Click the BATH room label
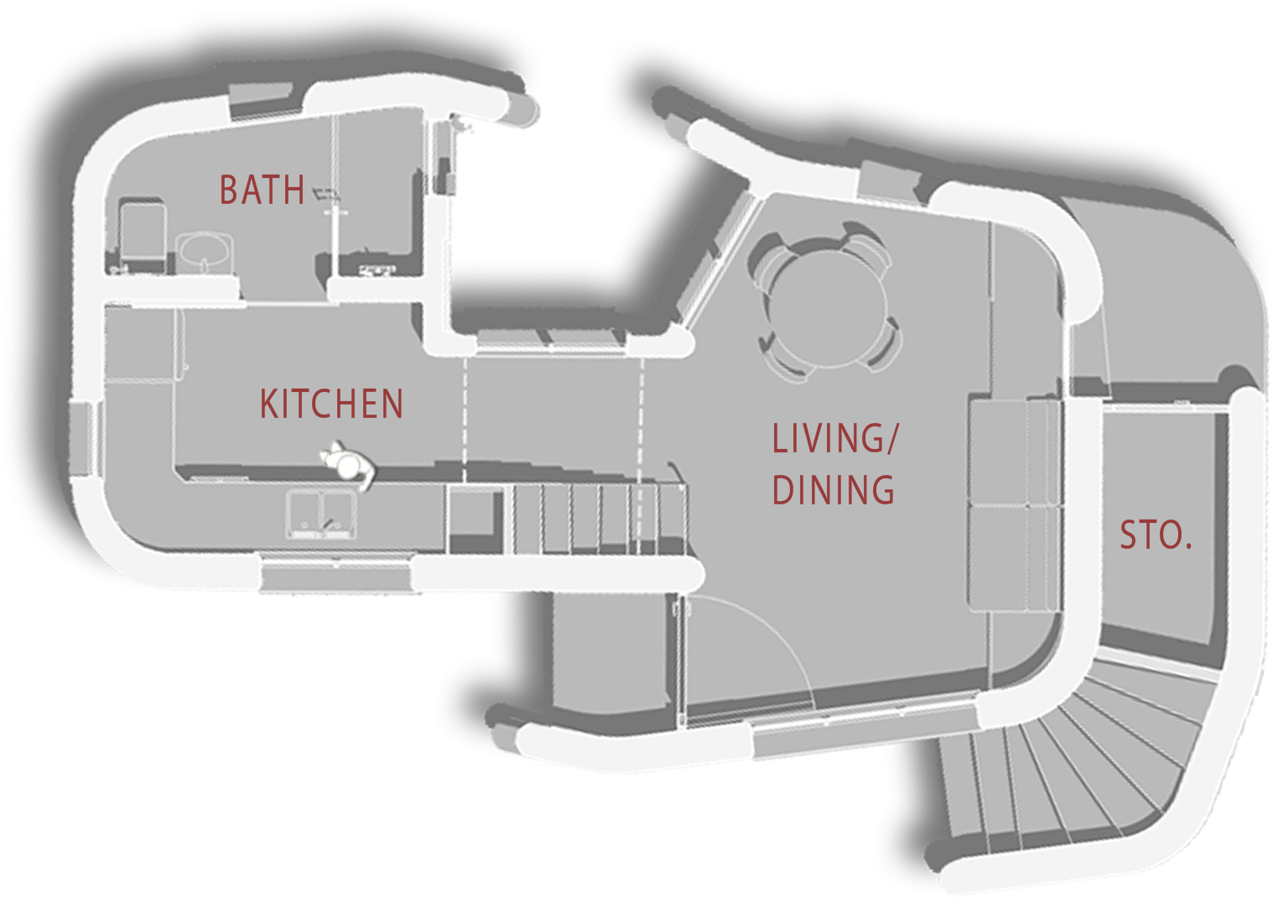(262, 190)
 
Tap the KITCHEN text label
(331, 404)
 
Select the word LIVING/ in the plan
(835, 438)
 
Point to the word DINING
(833, 489)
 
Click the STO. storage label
(1156, 535)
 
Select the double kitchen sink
(322, 514)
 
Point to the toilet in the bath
(142, 233)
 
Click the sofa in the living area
(1015, 504)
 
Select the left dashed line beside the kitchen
(465, 420)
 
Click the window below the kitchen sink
(335, 572)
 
